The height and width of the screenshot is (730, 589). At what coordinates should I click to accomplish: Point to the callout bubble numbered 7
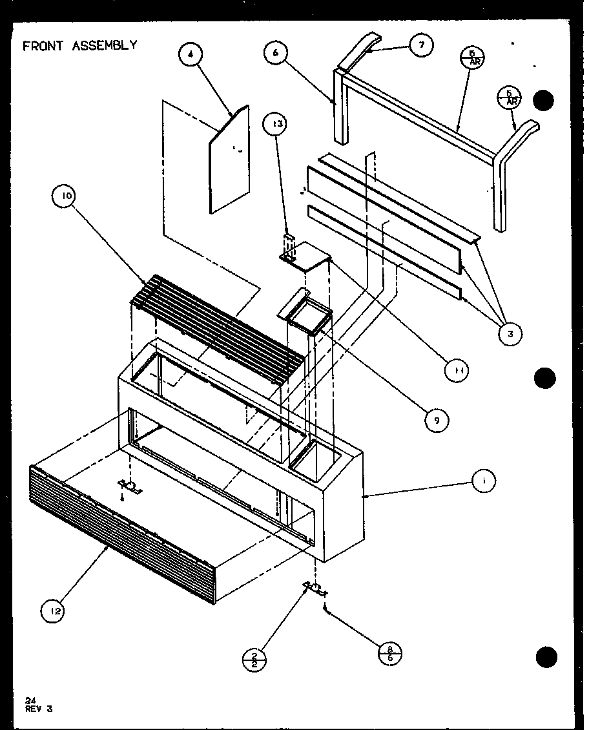[422, 45]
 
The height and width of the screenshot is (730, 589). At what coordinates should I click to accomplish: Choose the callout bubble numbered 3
[510, 333]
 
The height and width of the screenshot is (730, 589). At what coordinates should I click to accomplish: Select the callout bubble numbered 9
[437, 420]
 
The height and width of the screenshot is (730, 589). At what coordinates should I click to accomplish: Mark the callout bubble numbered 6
[276, 54]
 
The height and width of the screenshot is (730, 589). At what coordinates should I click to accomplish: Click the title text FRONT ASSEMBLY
[79, 45]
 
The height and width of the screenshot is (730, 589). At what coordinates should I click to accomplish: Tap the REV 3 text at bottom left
[39, 708]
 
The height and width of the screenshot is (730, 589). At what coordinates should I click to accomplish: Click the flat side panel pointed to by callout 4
[229, 162]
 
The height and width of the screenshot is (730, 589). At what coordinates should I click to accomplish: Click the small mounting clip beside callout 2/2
[315, 588]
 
